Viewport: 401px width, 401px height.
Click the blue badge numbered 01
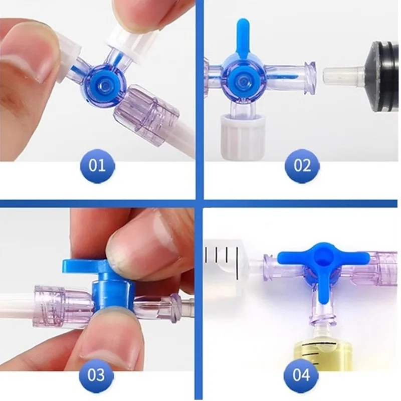click(x=98, y=165)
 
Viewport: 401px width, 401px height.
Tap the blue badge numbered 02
click(x=302, y=165)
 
